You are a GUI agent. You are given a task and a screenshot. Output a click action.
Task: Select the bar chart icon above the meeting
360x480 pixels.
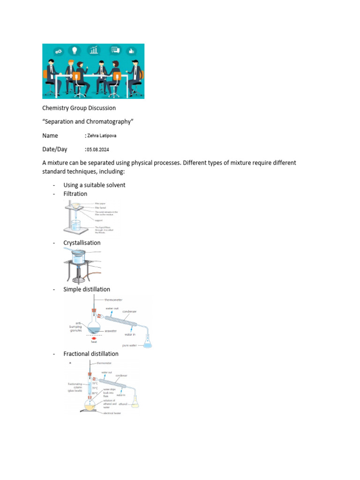point(95,50)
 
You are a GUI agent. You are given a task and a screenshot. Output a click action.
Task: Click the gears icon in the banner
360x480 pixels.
point(59,51)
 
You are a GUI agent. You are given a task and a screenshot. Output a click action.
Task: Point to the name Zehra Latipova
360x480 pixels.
point(101,136)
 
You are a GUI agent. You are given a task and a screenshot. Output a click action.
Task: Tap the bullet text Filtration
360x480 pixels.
point(75,194)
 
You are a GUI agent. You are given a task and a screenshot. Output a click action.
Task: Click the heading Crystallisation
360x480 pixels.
point(82,243)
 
